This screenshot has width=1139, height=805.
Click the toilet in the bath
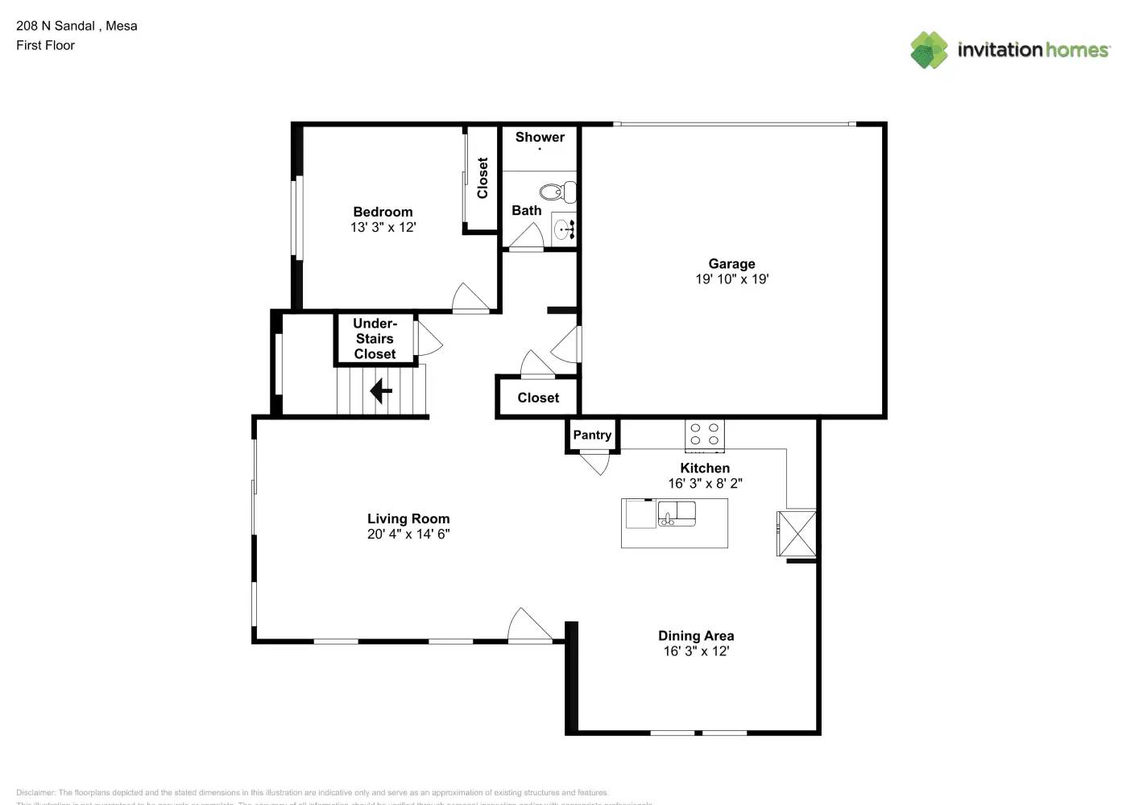coord(557,192)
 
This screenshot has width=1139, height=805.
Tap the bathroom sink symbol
coord(565,229)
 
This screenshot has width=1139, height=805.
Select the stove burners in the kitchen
coord(705,435)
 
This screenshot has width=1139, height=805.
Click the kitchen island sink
coord(676,512)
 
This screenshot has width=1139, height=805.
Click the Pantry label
coord(592,435)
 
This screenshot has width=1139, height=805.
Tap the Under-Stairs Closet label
coord(375,339)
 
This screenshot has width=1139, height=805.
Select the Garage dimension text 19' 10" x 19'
coord(731,279)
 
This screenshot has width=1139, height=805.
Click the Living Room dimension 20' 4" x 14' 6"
coord(408,534)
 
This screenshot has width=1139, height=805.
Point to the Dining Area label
coord(696,636)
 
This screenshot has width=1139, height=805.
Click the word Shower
coord(540,137)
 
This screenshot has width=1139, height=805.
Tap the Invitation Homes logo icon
coord(929,50)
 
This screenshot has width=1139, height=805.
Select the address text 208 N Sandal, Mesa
coord(77,26)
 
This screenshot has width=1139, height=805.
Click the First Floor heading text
coord(45,45)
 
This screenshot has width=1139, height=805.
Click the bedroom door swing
coord(470,298)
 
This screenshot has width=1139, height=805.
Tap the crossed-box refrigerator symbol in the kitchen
coord(797,533)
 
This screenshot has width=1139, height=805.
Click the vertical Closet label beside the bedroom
coord(483,178)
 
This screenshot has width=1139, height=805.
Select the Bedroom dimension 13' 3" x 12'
coord(383,227)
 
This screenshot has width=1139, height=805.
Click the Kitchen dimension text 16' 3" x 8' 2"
coord(705,483)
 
